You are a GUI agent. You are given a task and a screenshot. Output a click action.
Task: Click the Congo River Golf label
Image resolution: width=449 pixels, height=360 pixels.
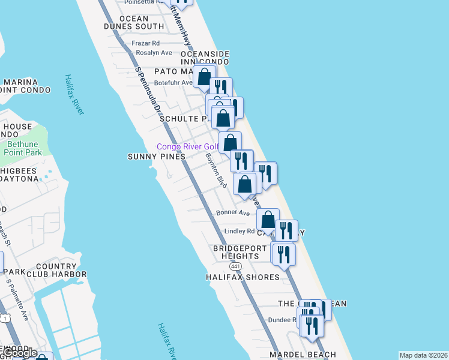point(188,147)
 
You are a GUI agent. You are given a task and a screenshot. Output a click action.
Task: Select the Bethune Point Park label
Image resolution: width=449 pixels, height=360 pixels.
point(25,148)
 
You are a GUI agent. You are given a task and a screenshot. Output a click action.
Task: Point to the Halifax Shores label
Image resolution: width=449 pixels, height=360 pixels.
point(243,277)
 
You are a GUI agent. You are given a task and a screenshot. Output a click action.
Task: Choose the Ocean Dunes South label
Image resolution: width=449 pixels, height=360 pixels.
point(133,23)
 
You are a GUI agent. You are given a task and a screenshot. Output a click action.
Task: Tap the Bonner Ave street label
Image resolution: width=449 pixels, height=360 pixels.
point(234,213)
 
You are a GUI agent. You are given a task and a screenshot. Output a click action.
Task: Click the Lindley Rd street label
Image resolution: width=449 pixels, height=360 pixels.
point(240,231)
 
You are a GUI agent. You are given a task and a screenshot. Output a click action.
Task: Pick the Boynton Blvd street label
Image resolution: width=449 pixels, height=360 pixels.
point(215,171)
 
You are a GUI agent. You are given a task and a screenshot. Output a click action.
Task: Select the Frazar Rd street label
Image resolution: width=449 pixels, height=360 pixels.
point(146,43)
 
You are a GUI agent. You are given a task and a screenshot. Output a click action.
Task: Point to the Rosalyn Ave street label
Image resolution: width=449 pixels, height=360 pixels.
point(154,53)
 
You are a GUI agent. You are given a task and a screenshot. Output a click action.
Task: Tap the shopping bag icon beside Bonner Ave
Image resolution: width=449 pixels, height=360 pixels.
point(268,219)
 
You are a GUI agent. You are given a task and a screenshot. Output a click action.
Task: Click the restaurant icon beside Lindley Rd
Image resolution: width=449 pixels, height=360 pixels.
point(286,230)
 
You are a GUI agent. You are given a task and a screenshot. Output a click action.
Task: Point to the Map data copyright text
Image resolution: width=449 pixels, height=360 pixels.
point(423,355)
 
